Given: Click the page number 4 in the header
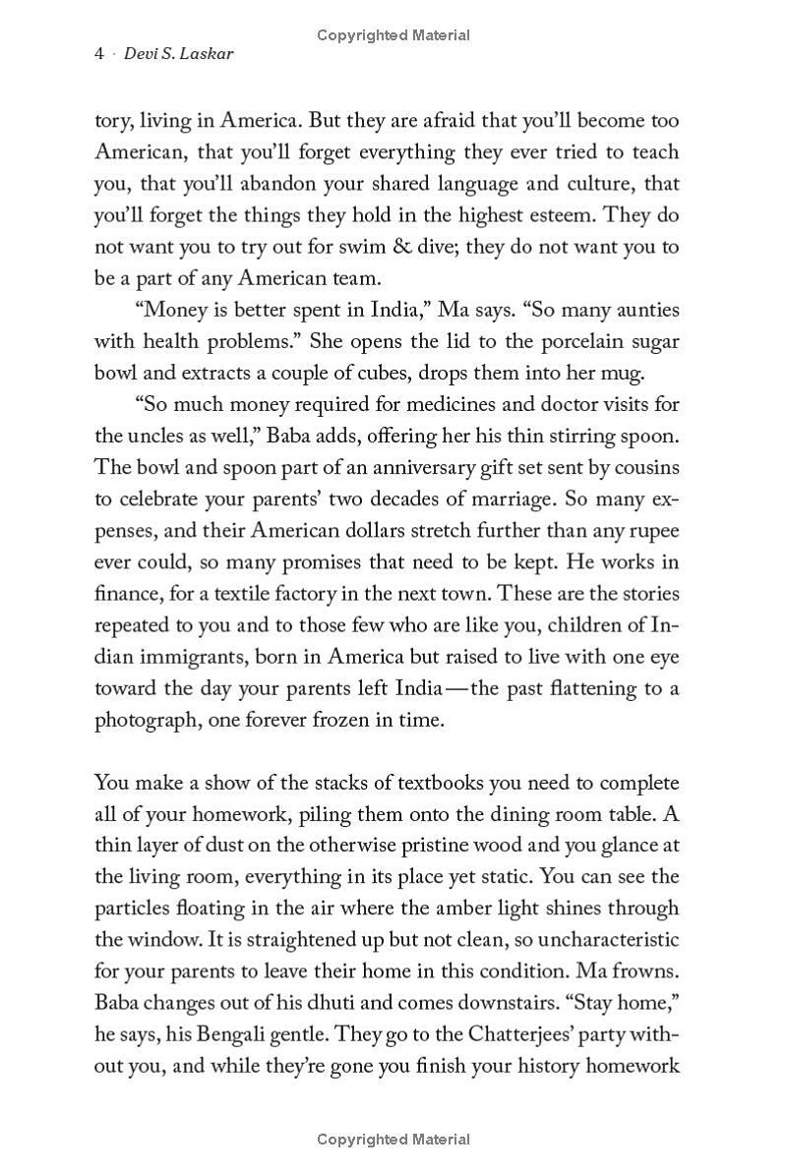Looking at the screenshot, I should pyautogui.click(x=99, y=54).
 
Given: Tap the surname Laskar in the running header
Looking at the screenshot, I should pyautogui.click(x=208, y=54).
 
